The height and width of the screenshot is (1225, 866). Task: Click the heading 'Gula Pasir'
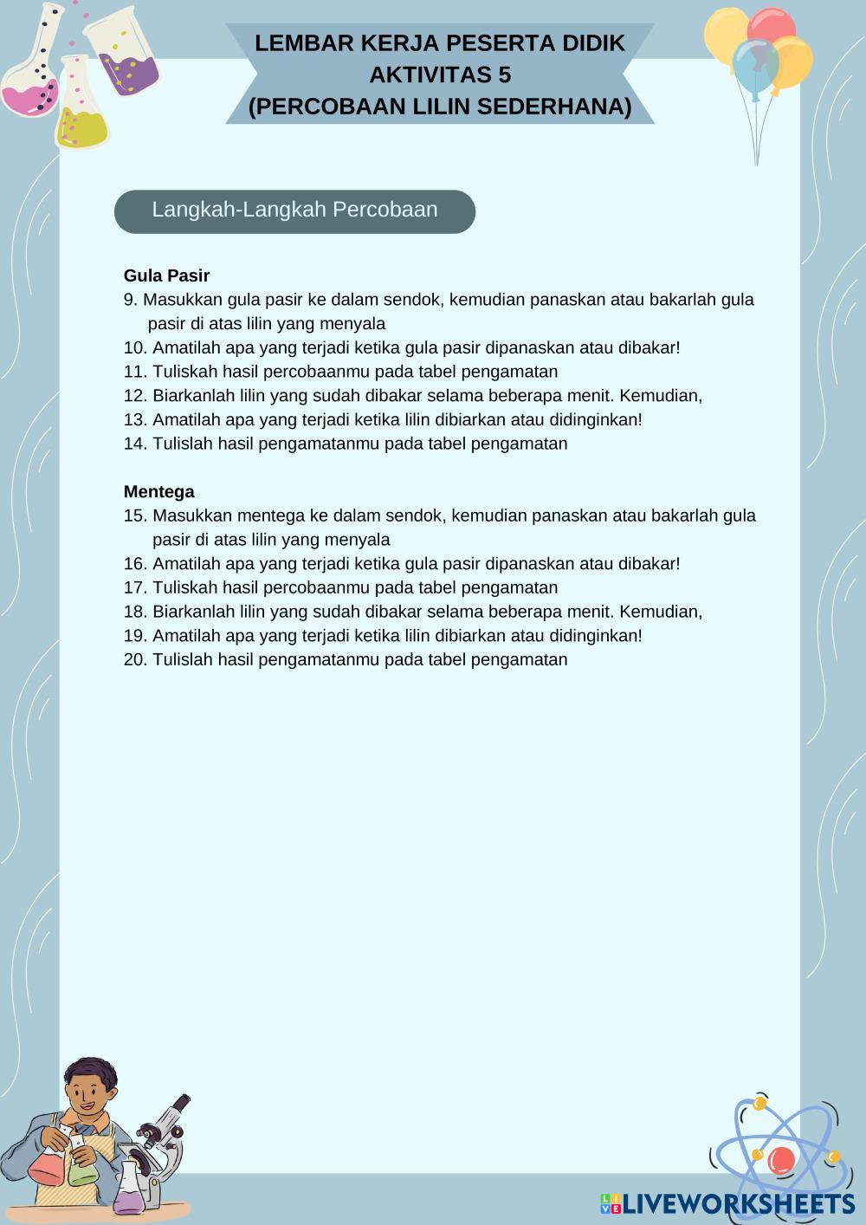pyautogui.click(x=166, y=275)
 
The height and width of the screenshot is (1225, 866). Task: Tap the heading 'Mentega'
pyautogui.click(x=158, y=492)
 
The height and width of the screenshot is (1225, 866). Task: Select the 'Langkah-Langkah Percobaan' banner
pyautogui.click(x=294, y=211)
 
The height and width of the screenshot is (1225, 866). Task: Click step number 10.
pyautogui.click(x=136, y=347)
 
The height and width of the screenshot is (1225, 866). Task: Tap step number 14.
pyautogui.click(x=136, y=444)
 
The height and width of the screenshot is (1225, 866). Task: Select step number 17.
pyautogui.click(x=136, y=587)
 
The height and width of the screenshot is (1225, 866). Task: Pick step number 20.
pyautogui.click(x=136, y=659)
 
